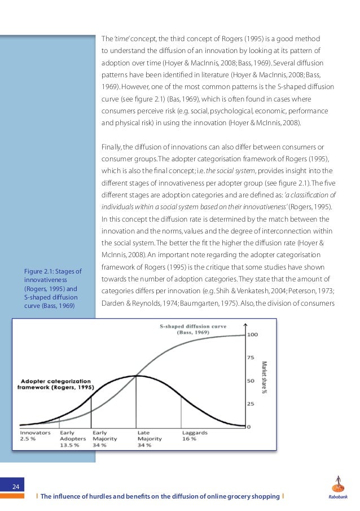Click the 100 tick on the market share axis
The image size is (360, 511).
click(253, 335)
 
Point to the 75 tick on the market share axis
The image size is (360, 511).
click(252, 357)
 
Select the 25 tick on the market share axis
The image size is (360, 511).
click(252, 404)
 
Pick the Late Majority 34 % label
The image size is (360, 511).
click(150, 438)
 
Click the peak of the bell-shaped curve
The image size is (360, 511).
click(136, 376)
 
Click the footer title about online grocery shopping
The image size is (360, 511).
click(161, 496)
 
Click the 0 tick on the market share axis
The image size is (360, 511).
click(250, 426)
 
